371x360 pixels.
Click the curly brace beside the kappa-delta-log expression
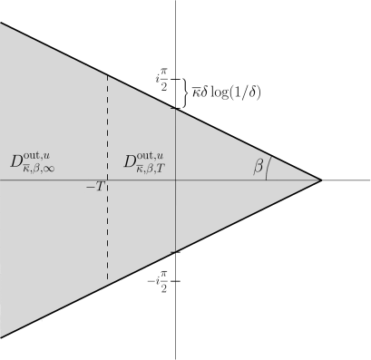185,92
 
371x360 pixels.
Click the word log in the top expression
220,92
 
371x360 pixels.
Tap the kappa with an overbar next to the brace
195,92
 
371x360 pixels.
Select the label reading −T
96,187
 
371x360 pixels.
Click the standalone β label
259,166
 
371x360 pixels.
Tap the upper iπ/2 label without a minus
161,80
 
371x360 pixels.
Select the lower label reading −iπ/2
159,281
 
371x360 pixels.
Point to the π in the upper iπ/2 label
164,73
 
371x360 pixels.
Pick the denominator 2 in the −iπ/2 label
164,288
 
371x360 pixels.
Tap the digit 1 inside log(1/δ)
240,92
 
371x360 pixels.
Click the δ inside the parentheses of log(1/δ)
253,92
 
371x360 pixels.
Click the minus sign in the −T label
90,187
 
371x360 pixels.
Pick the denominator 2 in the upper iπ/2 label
164,87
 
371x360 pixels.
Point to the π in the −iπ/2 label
164,274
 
